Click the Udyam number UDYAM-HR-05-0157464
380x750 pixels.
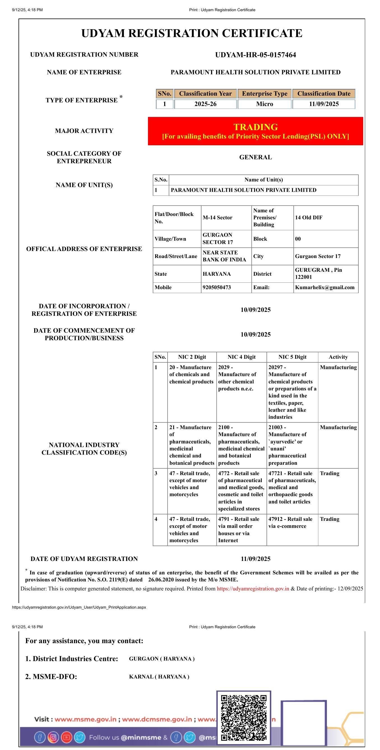(x=255, y=55)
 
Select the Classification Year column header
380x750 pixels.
(x=205, y=93)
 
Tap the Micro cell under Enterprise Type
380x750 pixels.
(x=265, y=104)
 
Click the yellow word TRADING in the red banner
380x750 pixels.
(x=256, y=127)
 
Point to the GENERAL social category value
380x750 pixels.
(x=256, y=157)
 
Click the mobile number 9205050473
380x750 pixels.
(x=217, y=287)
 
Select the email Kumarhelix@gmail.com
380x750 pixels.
(x=325, y=287)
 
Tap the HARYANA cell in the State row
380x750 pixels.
(x=217, y=274)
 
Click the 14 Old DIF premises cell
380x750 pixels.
(x=309, y=217)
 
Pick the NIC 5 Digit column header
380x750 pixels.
(x=292, y=357)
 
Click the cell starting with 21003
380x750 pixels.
(x=292, y=445)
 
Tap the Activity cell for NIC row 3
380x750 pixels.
(x=330, y=473)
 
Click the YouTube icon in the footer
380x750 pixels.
(x=66, y=737)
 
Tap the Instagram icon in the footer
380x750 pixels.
(x=53, y=737)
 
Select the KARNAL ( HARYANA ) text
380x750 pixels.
(x=159, y=677)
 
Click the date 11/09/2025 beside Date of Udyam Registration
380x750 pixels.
(x=256, y=559)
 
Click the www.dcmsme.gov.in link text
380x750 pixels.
(x=157, y=719)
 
